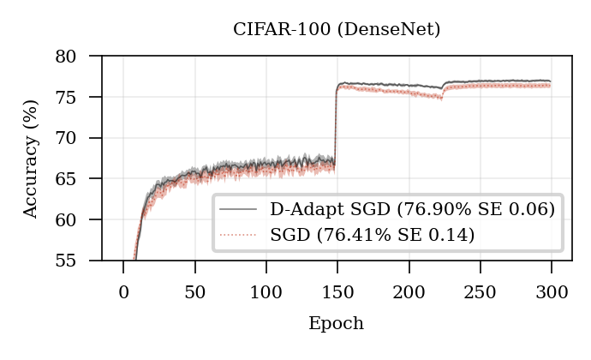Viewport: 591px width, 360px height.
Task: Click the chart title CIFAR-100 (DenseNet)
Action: pos(337,30)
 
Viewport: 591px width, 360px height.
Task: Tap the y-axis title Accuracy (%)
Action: pos(31,158)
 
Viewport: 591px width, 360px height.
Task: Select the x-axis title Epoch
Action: pos(337,324)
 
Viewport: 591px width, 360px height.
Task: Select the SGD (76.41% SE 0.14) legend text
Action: pos(372,234)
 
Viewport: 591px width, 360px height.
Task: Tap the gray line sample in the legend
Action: pos(239,210)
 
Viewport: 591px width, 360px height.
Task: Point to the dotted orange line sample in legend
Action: pos(239,234)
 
